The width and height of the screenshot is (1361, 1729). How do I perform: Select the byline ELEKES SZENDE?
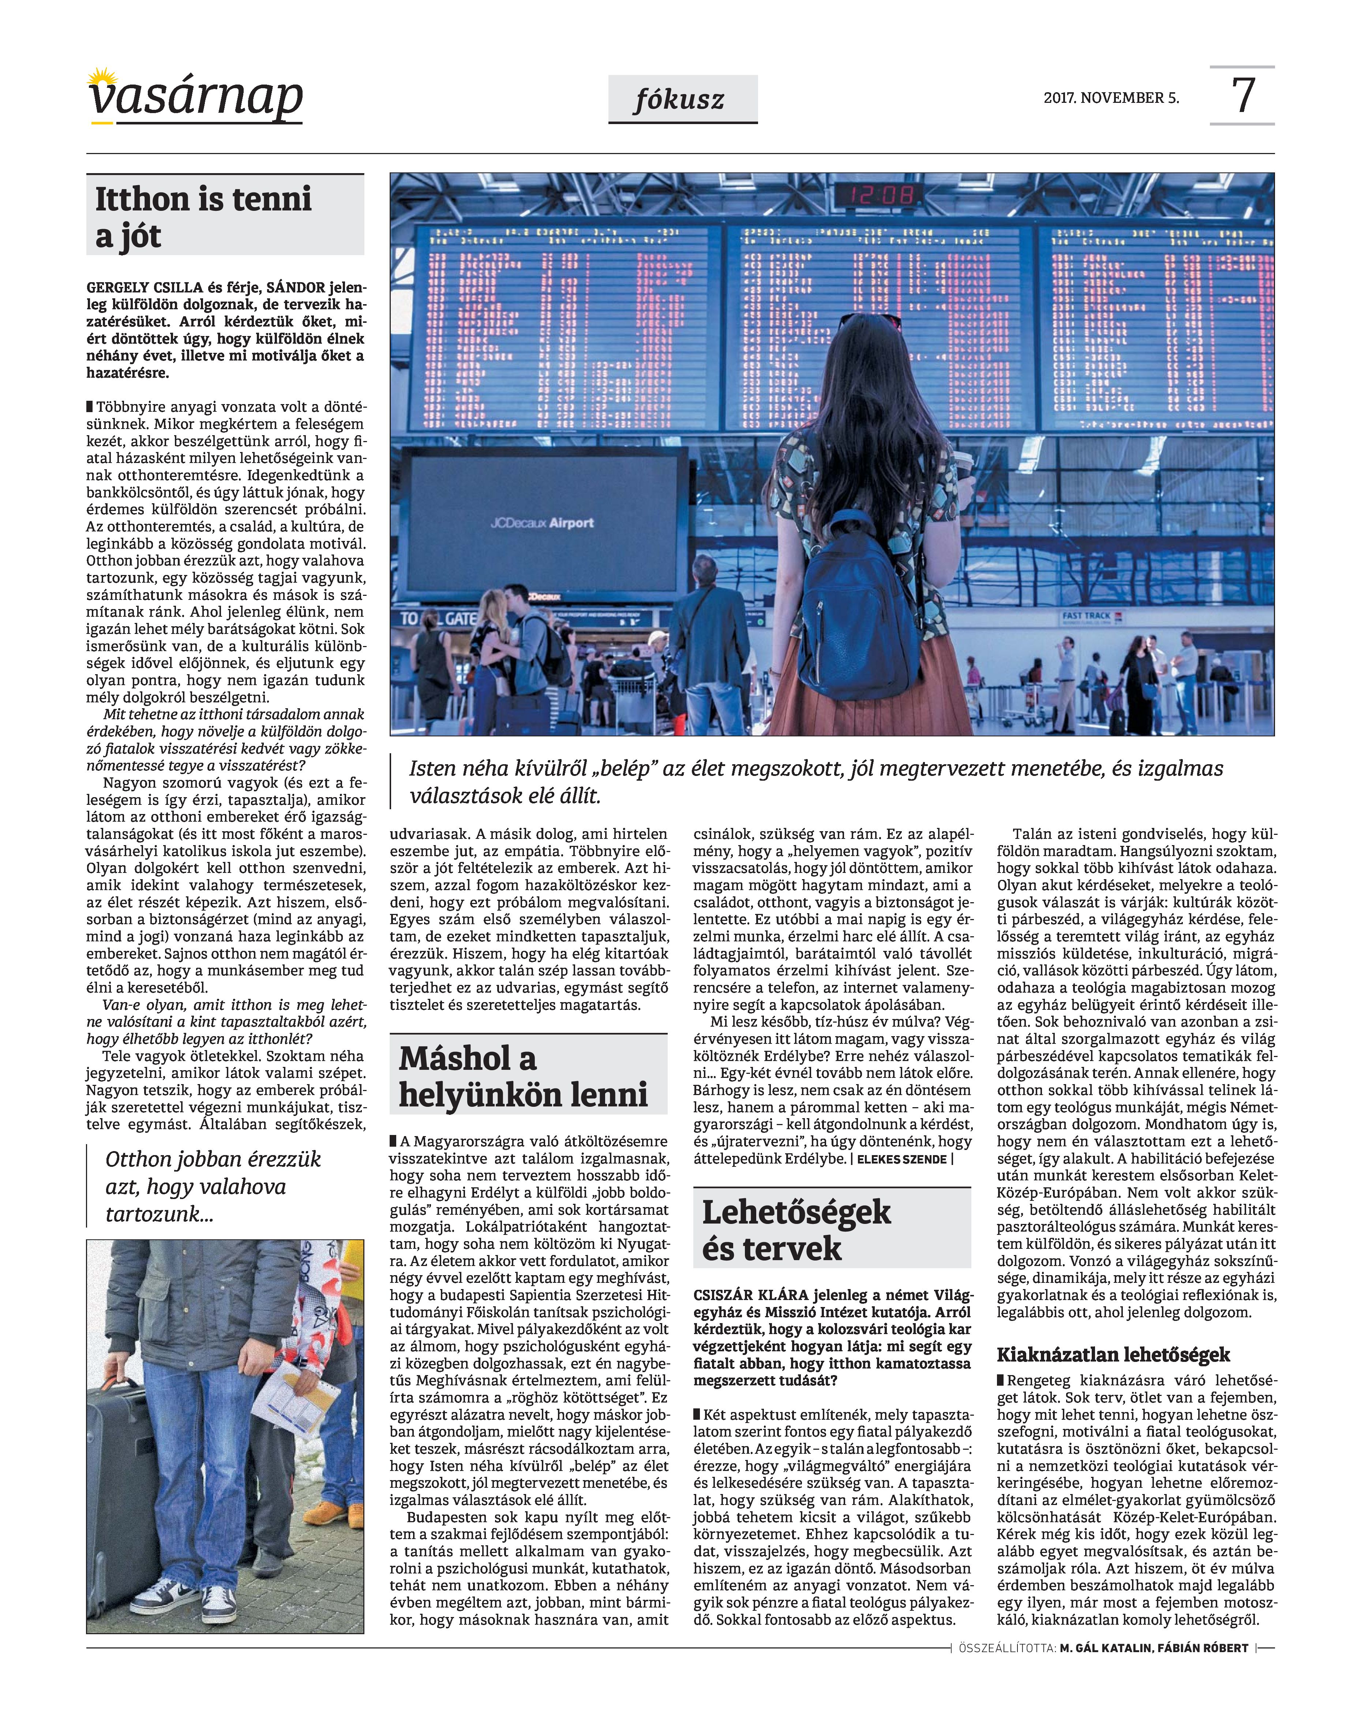pos(901,1159)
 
